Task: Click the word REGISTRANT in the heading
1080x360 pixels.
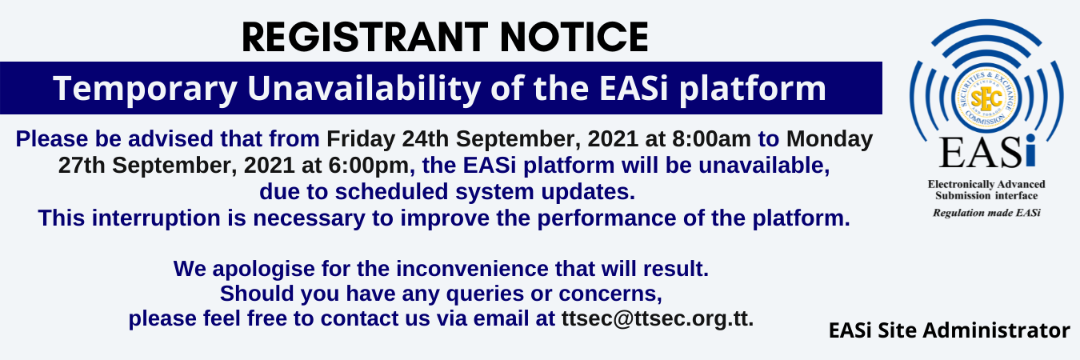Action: pos(365,37)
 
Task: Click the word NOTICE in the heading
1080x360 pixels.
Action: pos(574,37)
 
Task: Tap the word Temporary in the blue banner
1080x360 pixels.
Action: pos(145,89)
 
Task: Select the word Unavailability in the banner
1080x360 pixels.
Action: pos(363,88)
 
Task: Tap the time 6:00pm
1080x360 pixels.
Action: pos(369,166)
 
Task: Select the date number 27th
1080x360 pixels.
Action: pos(82,166)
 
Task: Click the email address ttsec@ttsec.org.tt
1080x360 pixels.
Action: pos(657,318)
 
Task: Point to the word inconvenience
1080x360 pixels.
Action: pos(472,269)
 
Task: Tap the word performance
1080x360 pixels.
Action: pos(606,218)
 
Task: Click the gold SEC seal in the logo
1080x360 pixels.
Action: pos(986,98)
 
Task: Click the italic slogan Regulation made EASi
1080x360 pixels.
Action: pos(986,213)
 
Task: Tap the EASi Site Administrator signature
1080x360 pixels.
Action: pos(949,331)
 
